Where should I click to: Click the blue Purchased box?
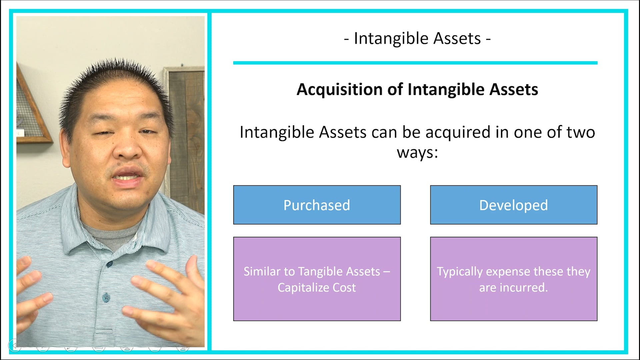[317, 205]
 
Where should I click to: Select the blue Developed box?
[513, 205]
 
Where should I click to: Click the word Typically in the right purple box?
[460, 272]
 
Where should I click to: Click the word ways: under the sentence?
[417, 153]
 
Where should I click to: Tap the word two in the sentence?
[581, 132]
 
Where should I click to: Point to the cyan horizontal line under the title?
[415, 63]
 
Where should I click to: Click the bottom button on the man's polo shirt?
[106, 297]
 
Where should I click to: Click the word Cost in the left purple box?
[344, 287]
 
